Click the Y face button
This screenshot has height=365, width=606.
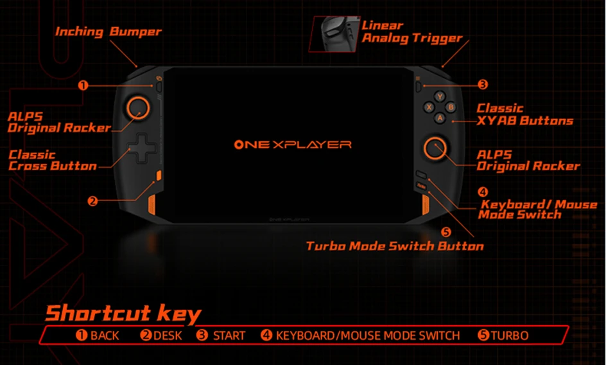pos(440,97)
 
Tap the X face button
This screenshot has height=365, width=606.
pos(429,107)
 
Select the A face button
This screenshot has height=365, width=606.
pos(440,118)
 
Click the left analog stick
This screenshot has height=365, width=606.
pos(137,107)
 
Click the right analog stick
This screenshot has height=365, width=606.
pos(435,148)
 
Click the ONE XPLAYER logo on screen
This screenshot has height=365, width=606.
pos(293,145)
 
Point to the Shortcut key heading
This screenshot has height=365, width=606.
pos(123,314)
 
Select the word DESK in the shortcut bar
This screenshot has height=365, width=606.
pos(168,335)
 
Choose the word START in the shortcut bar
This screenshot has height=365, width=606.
pos(229,335)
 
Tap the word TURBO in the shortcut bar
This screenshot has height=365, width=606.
pos(510,335)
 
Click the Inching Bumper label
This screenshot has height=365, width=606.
pos(108,31)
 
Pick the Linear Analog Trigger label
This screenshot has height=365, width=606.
pos(411,31)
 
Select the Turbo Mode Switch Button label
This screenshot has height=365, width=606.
pos(395,246)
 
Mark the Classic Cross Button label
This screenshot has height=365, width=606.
pos(53,161)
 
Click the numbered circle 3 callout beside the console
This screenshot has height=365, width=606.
pos(483,84)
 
